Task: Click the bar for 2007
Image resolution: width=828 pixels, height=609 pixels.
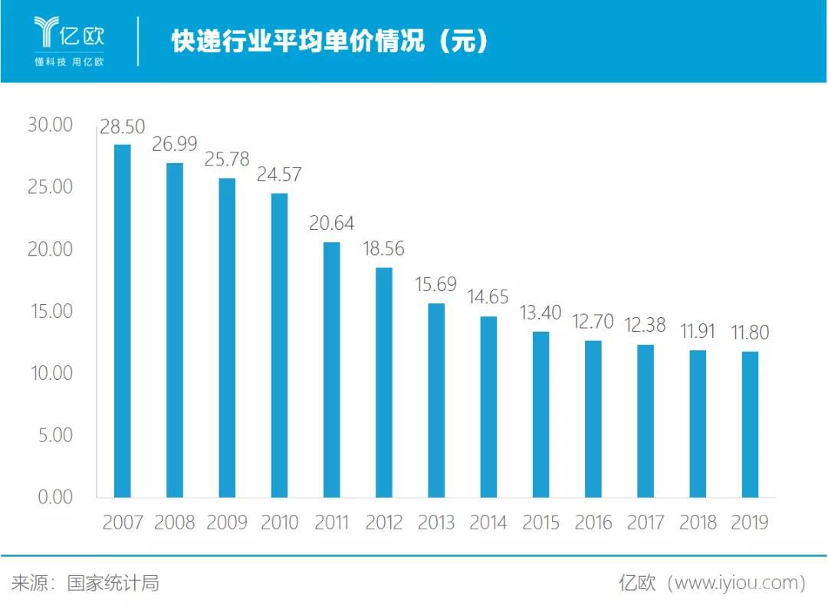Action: click(x=123, y=321)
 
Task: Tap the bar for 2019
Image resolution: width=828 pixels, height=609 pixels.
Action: click(x=750, y=424)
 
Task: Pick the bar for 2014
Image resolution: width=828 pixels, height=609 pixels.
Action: click(x=488, y=407)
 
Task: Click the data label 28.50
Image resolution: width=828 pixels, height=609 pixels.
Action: click(x=123, y=127)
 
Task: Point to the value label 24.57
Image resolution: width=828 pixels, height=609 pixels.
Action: click(x=279, y=175)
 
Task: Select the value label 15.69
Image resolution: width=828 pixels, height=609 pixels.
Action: click(x=435, y=285)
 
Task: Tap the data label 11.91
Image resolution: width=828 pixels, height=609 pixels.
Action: click(x=698, y=332)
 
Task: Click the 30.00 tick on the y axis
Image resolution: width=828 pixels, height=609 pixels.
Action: click(x=50, y=125)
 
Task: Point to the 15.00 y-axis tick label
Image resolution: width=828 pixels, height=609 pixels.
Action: click(x=50, y=311)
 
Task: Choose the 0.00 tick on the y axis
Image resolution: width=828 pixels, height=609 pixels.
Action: click(x=54, y=497)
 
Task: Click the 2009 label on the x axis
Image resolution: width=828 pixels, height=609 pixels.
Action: click(x=227, y=522)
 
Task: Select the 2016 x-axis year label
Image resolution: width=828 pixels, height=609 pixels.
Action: click(x=593, y=522)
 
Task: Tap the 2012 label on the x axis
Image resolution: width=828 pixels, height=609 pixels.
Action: click(x=383, y=522)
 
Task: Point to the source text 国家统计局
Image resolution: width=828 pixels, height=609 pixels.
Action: click(x=113, y=584)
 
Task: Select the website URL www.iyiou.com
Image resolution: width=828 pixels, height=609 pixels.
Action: click(x=737, y=584)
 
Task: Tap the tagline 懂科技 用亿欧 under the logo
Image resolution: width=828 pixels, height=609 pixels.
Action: click(x=69, y=62)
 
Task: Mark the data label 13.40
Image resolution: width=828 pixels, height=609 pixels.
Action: click(x=540, y=313)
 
